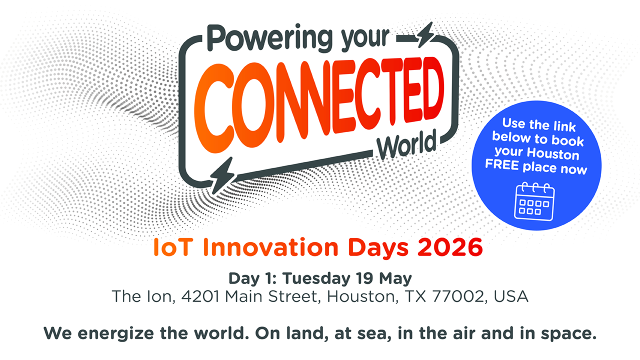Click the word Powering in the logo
(270, 38)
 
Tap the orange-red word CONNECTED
(319, 104)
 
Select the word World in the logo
(406, 144)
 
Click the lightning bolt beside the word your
(425, 35)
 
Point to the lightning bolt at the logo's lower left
(223, 175)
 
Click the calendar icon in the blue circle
(534, 201)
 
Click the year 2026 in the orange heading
(450, 247)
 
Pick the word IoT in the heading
(171, 247)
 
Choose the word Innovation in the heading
(270, 247)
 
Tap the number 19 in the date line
(364, 278)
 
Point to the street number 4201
(200, 296)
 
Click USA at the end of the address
(511, 296)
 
